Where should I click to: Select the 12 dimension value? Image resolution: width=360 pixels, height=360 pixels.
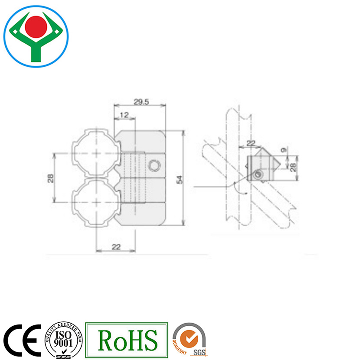[x=124, y=115]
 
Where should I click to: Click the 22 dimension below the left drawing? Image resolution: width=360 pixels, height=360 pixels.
[x=116, y=247]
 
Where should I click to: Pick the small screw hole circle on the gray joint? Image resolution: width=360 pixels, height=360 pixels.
[x=154, y=165]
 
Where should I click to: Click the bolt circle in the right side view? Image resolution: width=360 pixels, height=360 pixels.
[x=259, y=175]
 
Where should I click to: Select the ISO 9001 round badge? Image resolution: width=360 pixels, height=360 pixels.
[x=64, y=341]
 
